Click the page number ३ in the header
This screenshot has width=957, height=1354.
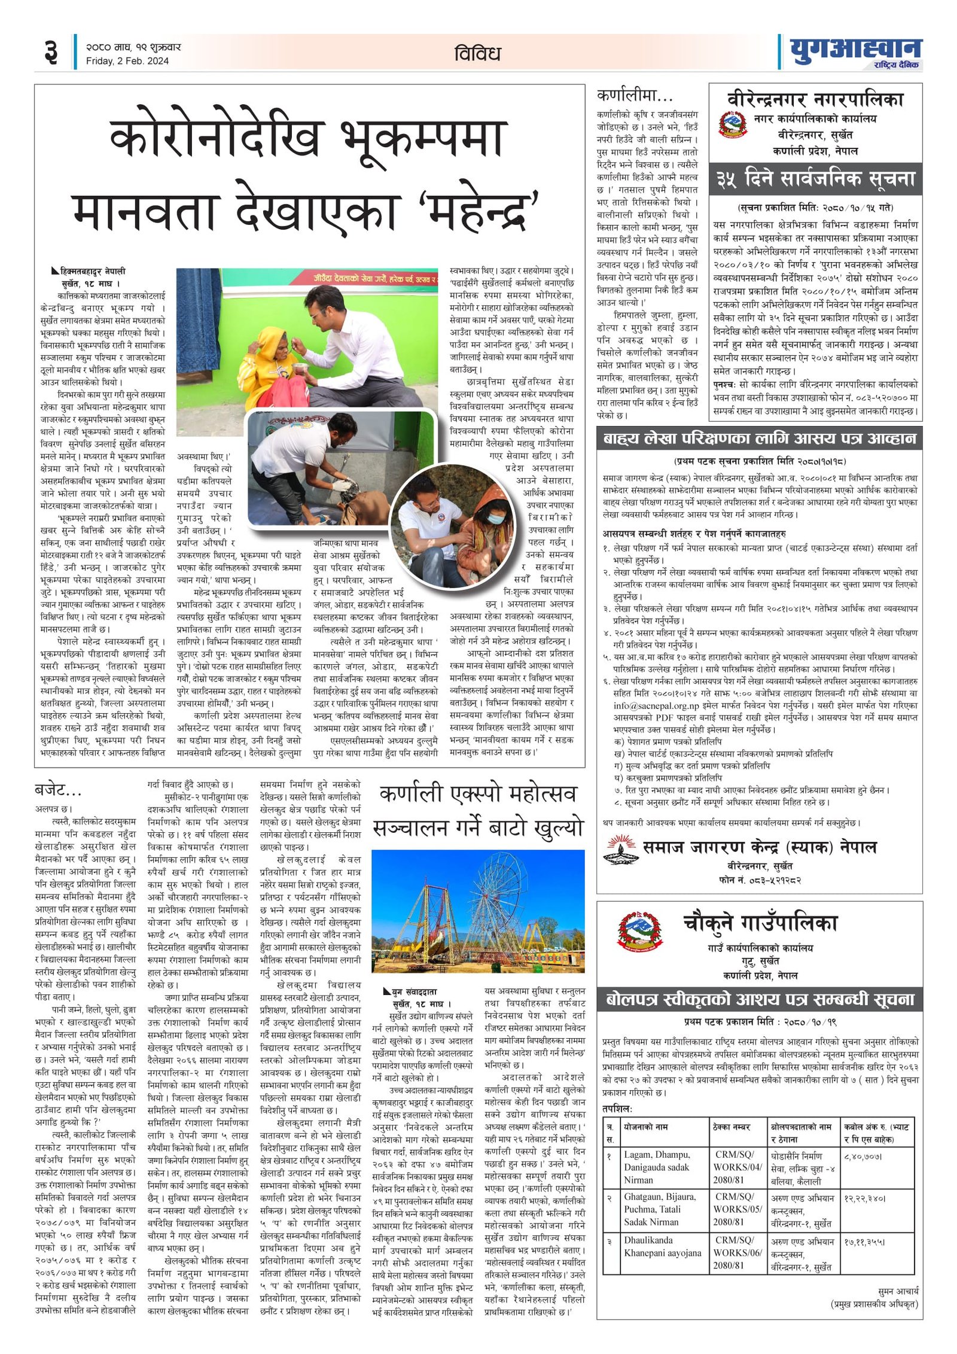click(51, 52)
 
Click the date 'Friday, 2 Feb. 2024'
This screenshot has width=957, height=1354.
click(127, 61)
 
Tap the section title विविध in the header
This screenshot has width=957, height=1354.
click(477, 53)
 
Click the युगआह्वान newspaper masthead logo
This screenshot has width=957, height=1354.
click(855, 52)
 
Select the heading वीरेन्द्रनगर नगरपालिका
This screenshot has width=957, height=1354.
click(815, 98)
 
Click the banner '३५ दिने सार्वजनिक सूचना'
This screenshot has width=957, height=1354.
click(815, 179)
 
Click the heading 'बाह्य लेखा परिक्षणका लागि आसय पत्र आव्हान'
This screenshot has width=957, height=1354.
click(759, 439)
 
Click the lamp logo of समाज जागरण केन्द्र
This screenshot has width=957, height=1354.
click(621, 850)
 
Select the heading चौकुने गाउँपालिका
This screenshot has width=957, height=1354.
click(760, 923)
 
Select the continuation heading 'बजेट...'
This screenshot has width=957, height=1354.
click(58, 790)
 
